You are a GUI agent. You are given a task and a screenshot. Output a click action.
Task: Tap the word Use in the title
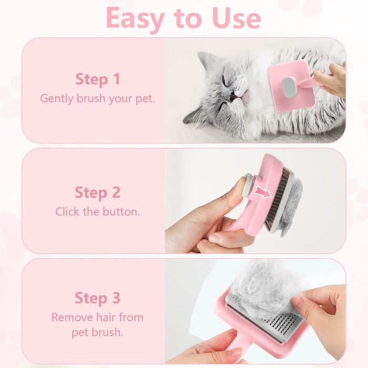pyautogui.click(x=237, y=18)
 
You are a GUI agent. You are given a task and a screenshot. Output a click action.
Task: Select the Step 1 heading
pyautogui.click(x=98, y=79)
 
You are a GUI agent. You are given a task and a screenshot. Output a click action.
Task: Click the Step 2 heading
pyautogui.click(x=97, y=192)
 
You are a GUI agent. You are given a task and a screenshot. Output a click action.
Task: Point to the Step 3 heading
pyautogui.click(x=97, y=298)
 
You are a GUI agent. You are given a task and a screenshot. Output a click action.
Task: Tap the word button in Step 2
pyautogui.click(x=121, y=212)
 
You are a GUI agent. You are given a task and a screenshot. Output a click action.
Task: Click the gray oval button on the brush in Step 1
pyautogui.click(x=289, y=88)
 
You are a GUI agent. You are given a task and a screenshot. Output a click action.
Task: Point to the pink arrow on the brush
pyautogui.click(x=263, y=192)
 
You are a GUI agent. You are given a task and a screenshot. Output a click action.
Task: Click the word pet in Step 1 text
pyautogui.click(x=145, y=99)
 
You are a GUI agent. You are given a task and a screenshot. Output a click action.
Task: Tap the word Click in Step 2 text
pyautogui.click(x=67, y=212)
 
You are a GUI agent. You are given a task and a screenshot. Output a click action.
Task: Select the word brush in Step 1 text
pyautogui.click(x=91, y=98)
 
